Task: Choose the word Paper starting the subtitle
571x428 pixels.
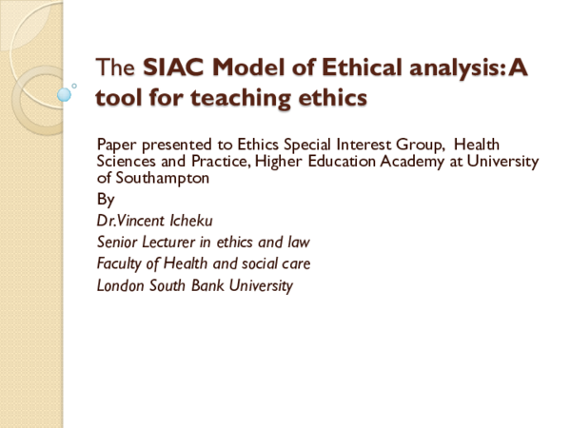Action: point(116,144)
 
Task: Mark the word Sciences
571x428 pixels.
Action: point(128,161)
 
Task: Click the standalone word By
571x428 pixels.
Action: point(106,200)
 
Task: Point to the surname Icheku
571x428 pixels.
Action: point(185,221)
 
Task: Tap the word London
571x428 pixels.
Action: point(122,285)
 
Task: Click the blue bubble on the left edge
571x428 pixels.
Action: point(65,95)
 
